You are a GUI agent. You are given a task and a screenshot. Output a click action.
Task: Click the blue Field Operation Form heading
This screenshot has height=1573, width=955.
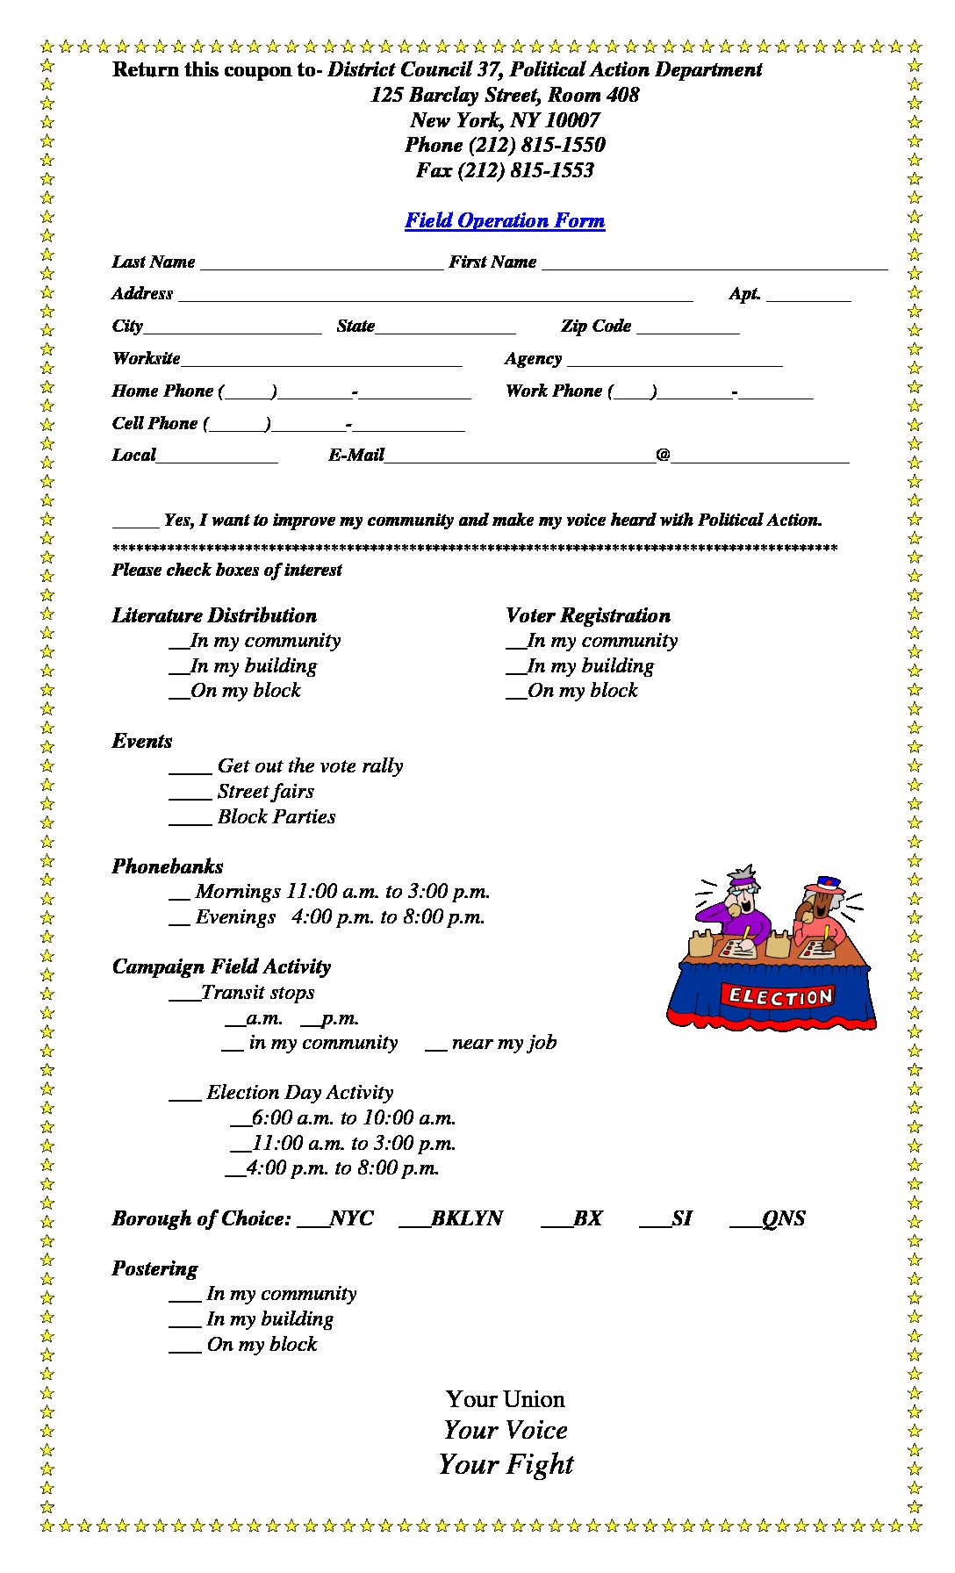pyautogui.click(x=505, y=220)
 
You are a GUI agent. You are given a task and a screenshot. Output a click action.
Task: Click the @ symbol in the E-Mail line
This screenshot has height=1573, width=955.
pyautogui.click(x=663, y=455)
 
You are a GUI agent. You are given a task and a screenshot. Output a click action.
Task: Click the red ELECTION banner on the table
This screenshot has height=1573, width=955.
pyautogui.click(x=780, y=995)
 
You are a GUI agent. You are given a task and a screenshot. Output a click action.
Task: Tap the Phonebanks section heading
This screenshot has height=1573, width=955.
pyautogui.click(x=168, y=866)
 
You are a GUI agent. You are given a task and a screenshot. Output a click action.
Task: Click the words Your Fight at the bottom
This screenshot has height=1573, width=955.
pyautogui.click(x=506, y=1464)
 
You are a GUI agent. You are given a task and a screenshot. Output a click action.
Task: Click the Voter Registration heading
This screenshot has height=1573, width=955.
pyautogui.click(x=588, y=615)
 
